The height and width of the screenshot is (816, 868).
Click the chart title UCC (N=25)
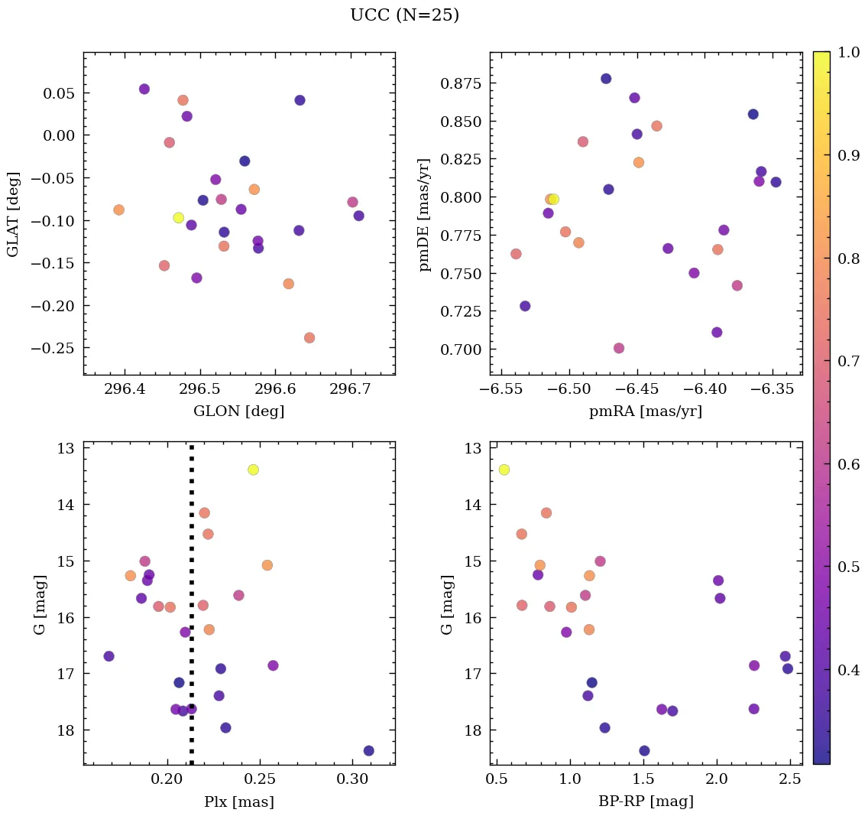coord(404,16)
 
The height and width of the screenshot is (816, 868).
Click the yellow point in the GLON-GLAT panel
coord(179,218)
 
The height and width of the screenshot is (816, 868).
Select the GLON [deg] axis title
coord(239,411)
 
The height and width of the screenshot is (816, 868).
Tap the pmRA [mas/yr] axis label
coord(646,411)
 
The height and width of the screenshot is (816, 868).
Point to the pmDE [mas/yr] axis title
coord(426,215)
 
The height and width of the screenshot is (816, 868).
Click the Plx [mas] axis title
coord(239,802)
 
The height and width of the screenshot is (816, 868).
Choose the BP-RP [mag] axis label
coord(646,802)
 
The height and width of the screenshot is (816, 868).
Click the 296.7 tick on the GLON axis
coord(351,391)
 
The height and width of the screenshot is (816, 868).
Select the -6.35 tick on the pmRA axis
coord(773,391)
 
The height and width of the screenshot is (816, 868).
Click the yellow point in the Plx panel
coord(253,470)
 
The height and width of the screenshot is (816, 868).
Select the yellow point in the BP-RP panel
coord(504,470)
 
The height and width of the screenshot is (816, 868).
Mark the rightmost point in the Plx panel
coord(369,750)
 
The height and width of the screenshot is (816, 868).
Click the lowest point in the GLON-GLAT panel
coord(309,338)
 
